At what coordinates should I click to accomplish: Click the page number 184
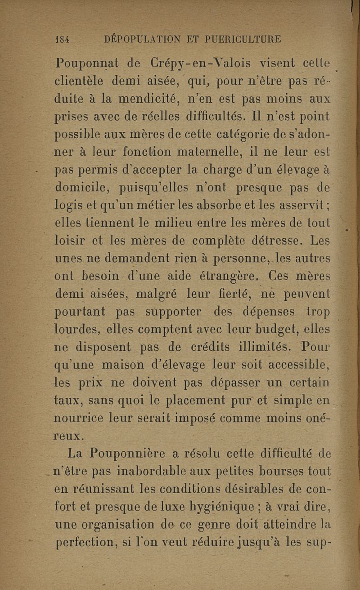(61, 39)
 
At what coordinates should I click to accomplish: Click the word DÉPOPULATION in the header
(140, 39)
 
